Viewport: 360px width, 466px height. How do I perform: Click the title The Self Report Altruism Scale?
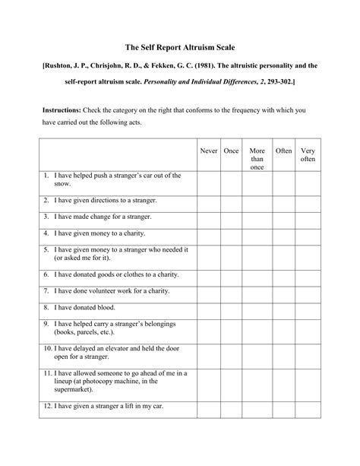tap(180, 47)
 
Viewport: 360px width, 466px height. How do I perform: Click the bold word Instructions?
tap(63, 110)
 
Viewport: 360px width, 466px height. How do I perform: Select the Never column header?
tap(208, 151)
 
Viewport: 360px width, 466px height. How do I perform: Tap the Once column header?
tap(232, 151)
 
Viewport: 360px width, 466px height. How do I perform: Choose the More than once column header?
tap(257, 158)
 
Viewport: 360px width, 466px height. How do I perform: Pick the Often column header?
tap(283, 151)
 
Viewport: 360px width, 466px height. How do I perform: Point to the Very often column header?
tap(308, 155)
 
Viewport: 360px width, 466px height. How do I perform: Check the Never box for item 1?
tap(208, 182)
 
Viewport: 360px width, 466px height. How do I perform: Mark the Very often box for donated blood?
tap(308, 307)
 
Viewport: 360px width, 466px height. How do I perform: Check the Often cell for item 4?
tap(283, 233)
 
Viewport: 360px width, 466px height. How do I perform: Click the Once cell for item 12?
tap(232, 408)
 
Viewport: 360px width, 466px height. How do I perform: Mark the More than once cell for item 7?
tap(257, 290)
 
